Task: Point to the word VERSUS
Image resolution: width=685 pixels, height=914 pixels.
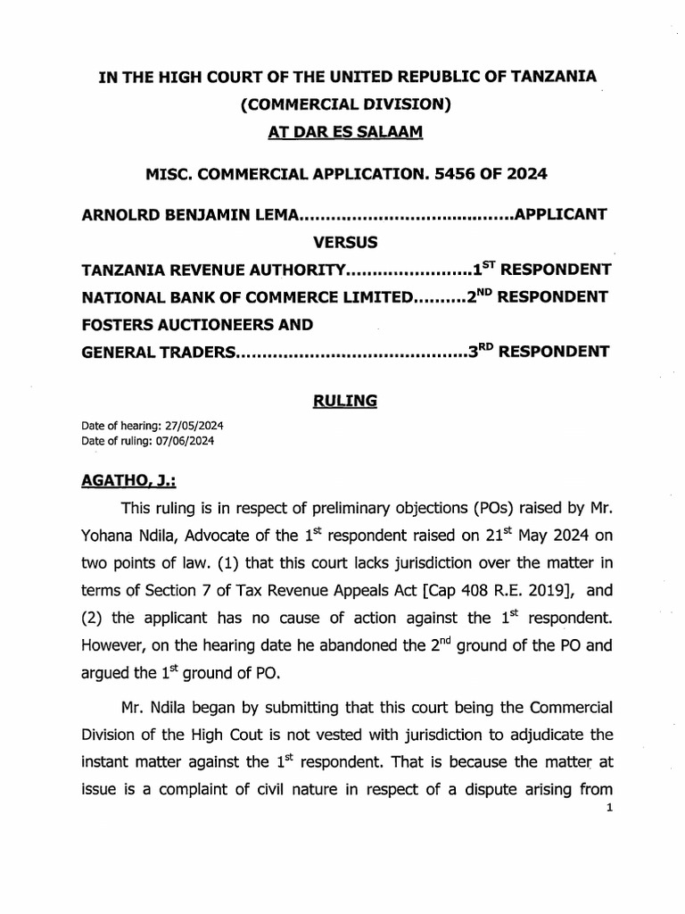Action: coord(345,242)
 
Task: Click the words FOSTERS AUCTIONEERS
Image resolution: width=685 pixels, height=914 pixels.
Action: coord(178,323)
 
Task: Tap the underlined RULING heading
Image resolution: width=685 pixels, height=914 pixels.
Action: coord(345,402)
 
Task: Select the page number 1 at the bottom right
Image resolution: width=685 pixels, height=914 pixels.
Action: coord(605,810)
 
